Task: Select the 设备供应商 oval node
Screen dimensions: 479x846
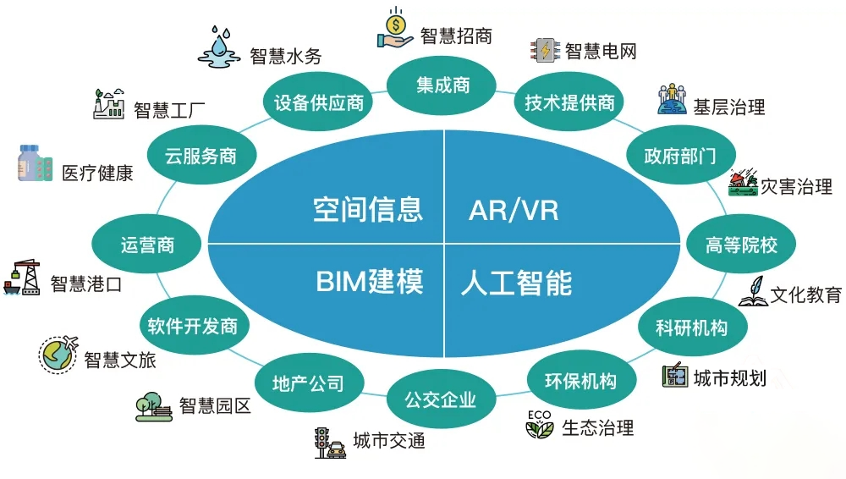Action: (x=319, y=102)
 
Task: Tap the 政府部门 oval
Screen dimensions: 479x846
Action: (x=679, y=156)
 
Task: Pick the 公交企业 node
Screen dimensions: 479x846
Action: (x=440, y=398)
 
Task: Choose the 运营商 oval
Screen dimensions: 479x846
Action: (x=147, y=245)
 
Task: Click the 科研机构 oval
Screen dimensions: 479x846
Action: (x=691, y=327)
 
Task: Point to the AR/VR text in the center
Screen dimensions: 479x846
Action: (x=514, y=209)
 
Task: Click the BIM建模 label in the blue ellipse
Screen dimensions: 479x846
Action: (x=369, y=281)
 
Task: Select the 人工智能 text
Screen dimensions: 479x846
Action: (x=516, y=282)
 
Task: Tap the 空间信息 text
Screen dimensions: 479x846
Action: (x=367, y=208)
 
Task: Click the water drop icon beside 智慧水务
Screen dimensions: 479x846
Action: (x=222, y=46)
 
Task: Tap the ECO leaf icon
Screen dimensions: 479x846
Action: (x=539, y=424)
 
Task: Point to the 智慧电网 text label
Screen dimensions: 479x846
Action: (x=601, y=51)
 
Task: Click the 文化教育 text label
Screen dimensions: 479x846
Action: (x=806, y=295)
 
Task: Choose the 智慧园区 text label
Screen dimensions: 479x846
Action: (x=216, y=406)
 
